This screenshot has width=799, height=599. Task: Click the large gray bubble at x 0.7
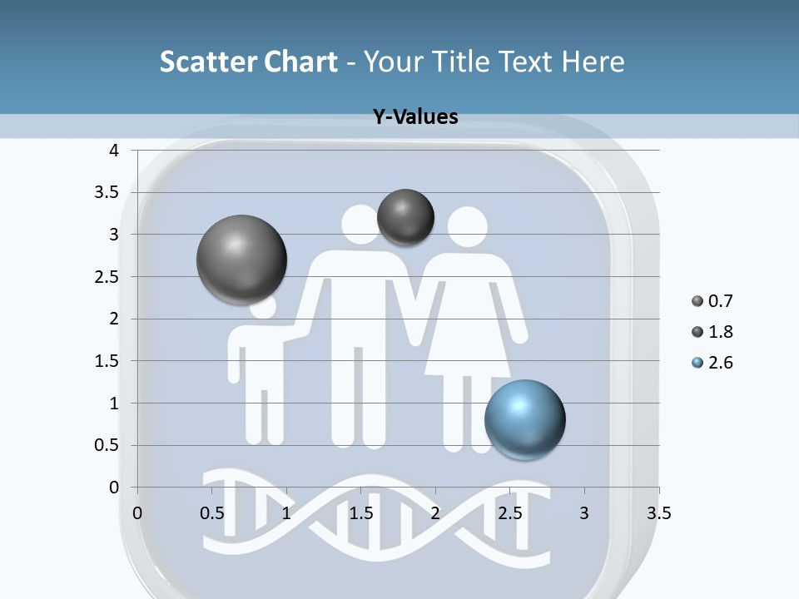click(x=241, y=260)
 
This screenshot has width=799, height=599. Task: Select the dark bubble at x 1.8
click(x=405, y=217)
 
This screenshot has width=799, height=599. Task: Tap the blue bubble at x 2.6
click(x=524, y=419)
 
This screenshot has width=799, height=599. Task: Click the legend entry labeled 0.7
click(x=712, y=301)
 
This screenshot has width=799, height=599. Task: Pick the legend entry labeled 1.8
click(x=712, y=332)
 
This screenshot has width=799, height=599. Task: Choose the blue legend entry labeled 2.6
click(x=712, y=363)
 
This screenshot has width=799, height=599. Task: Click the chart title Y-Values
click(x=414, y=117)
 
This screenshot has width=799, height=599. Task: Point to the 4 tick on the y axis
click(x=114, y=151)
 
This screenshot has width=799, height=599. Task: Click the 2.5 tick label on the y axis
click(x=107, y=277)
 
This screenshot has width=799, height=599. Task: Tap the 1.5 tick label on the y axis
click(x=107, y=361)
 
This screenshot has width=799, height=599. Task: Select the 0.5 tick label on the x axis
click(x=211, y=513)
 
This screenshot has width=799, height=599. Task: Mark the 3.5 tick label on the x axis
click(x=658, y=513)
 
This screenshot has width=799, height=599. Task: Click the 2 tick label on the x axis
click(x=435, y=513)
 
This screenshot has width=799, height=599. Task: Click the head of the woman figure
click(x=467, y=226)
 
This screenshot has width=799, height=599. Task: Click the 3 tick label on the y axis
click(x=114, y=235)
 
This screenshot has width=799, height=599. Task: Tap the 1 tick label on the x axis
click(x=286, y=513)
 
